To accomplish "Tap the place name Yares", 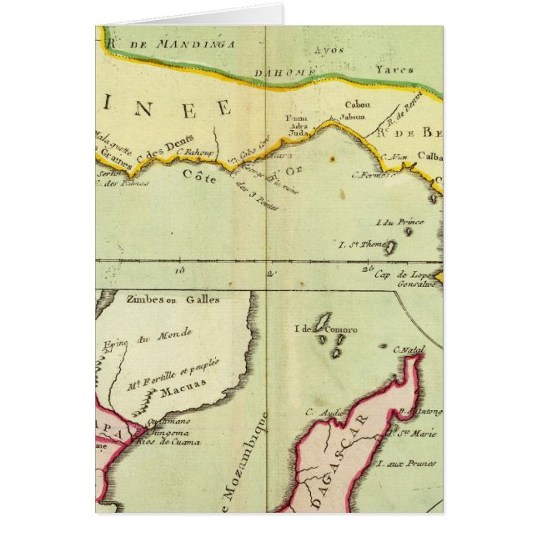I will [394, 70].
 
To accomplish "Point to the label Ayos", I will [334, 49].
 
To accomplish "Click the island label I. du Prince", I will [401, 222].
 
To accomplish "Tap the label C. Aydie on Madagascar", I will [321, 411].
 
